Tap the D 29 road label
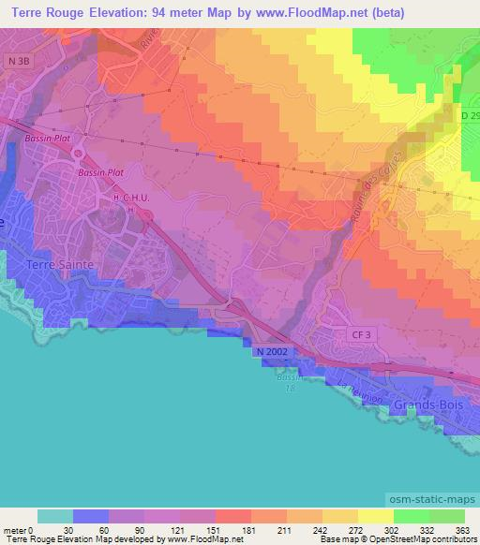tap(471, 115)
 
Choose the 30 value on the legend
tap(69, 531)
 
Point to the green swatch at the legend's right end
tap(446, 516)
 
